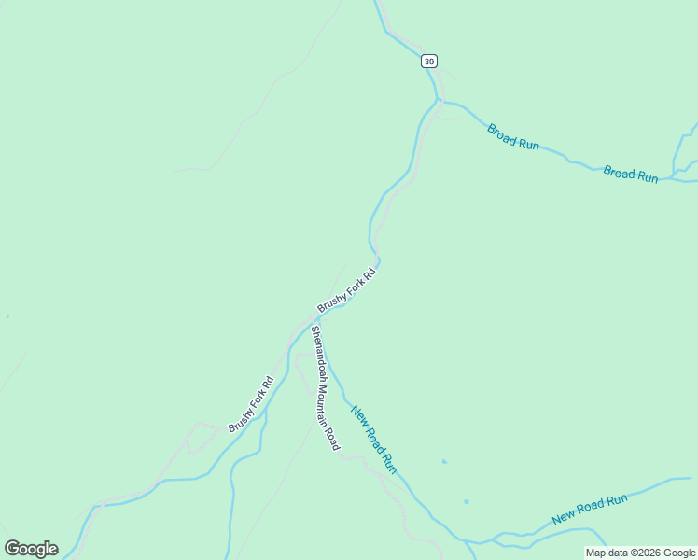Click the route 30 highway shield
(x=428, y=61)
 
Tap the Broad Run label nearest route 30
(x=513, y=136)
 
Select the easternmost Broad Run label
(x=630, y=173)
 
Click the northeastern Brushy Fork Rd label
(x=346, y=290)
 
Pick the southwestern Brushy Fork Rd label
(x=250, y=403)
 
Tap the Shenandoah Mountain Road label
(x=324, y=387)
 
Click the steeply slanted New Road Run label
(x=373, y=438)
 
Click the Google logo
(x=31, y=549)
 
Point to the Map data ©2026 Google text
(x=640, y=553)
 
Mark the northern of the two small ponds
(x=444, y=461)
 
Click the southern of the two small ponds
(x=466, y=502)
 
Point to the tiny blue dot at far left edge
(x=7, y=316)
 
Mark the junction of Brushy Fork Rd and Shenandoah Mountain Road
(x=310, y=321)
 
